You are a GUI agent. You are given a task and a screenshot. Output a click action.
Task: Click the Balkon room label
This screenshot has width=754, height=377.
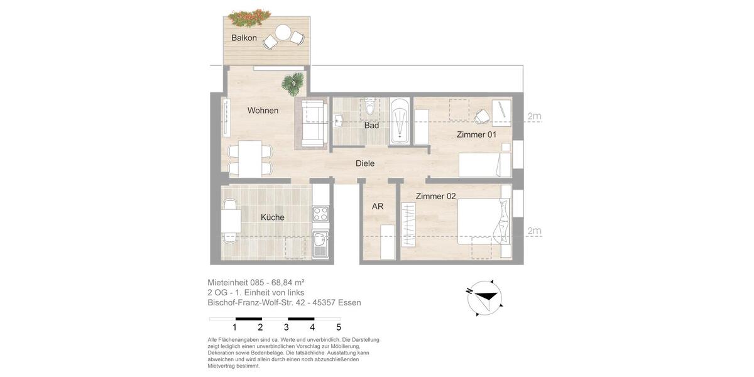coord(244,38)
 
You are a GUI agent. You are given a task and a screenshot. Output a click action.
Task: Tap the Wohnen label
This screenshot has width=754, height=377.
coord(263,111)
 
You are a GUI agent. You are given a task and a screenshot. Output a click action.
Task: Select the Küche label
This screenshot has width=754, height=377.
coord(273,217)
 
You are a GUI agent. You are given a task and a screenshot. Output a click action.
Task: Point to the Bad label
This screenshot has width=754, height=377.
coord(371,126)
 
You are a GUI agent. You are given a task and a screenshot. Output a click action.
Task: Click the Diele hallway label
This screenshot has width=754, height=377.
coord(365,163)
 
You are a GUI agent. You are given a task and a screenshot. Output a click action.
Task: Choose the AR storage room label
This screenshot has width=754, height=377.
coord(378,206)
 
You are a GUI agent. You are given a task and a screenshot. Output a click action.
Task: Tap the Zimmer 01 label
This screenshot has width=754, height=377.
coord(476,134)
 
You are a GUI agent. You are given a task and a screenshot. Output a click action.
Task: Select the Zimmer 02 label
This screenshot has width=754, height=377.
coord(435,196)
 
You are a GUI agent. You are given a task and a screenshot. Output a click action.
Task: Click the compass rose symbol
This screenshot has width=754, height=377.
coord(484,298)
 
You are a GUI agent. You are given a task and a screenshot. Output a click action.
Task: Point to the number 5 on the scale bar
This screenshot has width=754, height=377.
coord(339,327)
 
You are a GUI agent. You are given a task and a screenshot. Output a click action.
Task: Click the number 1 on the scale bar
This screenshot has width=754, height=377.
coord(234,327)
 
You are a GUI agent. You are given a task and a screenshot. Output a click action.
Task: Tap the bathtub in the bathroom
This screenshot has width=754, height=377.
coord(399,121)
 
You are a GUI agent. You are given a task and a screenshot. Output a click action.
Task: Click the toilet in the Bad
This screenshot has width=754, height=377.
coord(370,107)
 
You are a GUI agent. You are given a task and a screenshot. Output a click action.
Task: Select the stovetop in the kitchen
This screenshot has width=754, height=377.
coord(320,214)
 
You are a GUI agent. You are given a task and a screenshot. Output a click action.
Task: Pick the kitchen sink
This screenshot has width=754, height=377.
coord(320,240)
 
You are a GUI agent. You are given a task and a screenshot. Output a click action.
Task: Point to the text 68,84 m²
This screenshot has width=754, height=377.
coord(288,283)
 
